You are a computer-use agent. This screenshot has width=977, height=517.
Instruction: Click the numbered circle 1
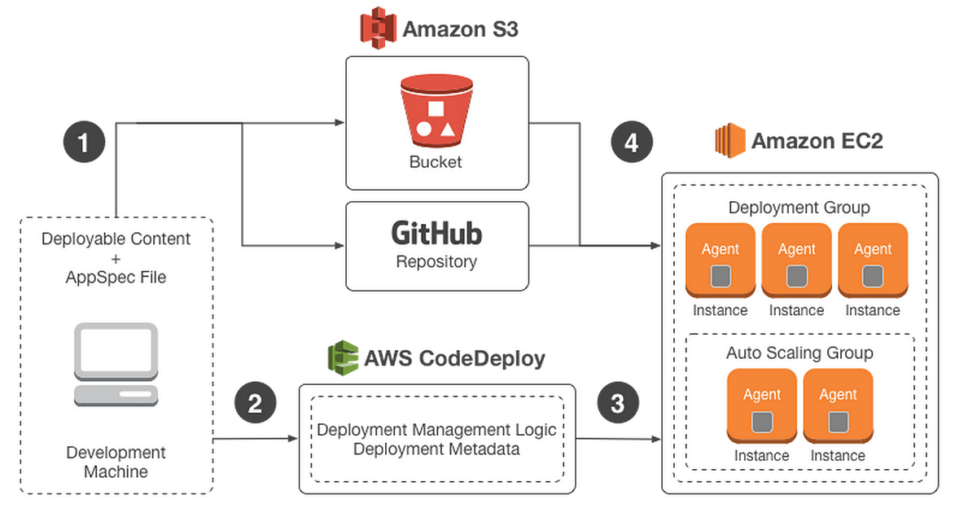click(84, 142)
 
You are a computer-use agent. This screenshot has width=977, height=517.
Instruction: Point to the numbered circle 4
click(632, 142)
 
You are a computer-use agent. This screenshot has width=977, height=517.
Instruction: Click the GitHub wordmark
click(436, 234)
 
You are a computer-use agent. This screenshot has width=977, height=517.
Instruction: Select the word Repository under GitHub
click(436, 262)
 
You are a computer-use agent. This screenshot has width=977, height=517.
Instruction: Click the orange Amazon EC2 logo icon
click(729, 139)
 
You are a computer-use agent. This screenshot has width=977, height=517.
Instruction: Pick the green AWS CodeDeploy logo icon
click(343, 357)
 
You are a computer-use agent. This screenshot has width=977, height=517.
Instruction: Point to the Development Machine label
click(116, 462)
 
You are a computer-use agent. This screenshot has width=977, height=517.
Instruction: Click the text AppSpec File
click(116, 277)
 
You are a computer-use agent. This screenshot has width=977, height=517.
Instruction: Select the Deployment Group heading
click(799, 207)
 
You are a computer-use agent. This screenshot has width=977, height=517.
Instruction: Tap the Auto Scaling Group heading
click(799, 353)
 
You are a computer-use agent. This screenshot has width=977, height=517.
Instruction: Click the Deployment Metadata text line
click(436, 449)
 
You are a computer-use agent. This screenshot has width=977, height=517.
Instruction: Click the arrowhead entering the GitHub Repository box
click(340, 245)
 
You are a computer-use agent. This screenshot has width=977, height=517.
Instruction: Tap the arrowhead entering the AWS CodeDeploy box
click(293, 440)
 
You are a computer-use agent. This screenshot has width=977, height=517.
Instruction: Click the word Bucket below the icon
click(436, 161)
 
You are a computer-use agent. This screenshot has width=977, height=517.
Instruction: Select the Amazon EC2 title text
click(817, 141)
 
